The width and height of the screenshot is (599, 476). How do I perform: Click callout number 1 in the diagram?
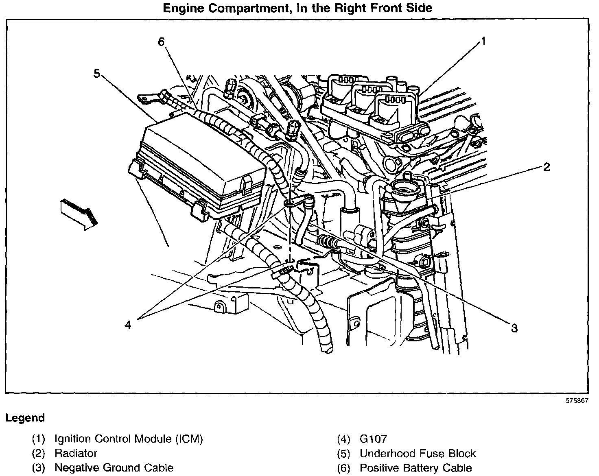(483, 41)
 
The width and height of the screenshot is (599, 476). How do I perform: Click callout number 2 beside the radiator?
(546, 167)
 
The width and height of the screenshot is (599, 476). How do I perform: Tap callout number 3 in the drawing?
(514, 328)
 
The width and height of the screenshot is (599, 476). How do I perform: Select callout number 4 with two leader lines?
(128, 325)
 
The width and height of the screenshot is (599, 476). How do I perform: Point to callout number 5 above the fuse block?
(96, 74)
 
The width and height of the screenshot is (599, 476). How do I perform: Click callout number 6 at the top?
(161, 42)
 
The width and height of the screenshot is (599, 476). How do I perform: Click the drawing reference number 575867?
(577, 400)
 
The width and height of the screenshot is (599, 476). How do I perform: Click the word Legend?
(25, 418)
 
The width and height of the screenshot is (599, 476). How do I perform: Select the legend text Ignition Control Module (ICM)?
(129, 439)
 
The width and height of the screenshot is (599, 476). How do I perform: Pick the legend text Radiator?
(76, 453)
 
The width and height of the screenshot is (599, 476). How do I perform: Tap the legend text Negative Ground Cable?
(114, 468)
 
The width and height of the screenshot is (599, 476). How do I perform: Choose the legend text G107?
(373, 439)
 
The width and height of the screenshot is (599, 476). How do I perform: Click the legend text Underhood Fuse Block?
(418, 453)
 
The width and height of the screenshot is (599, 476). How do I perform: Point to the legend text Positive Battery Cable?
(415, 468)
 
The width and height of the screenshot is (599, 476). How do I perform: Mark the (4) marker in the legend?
(343, 439)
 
